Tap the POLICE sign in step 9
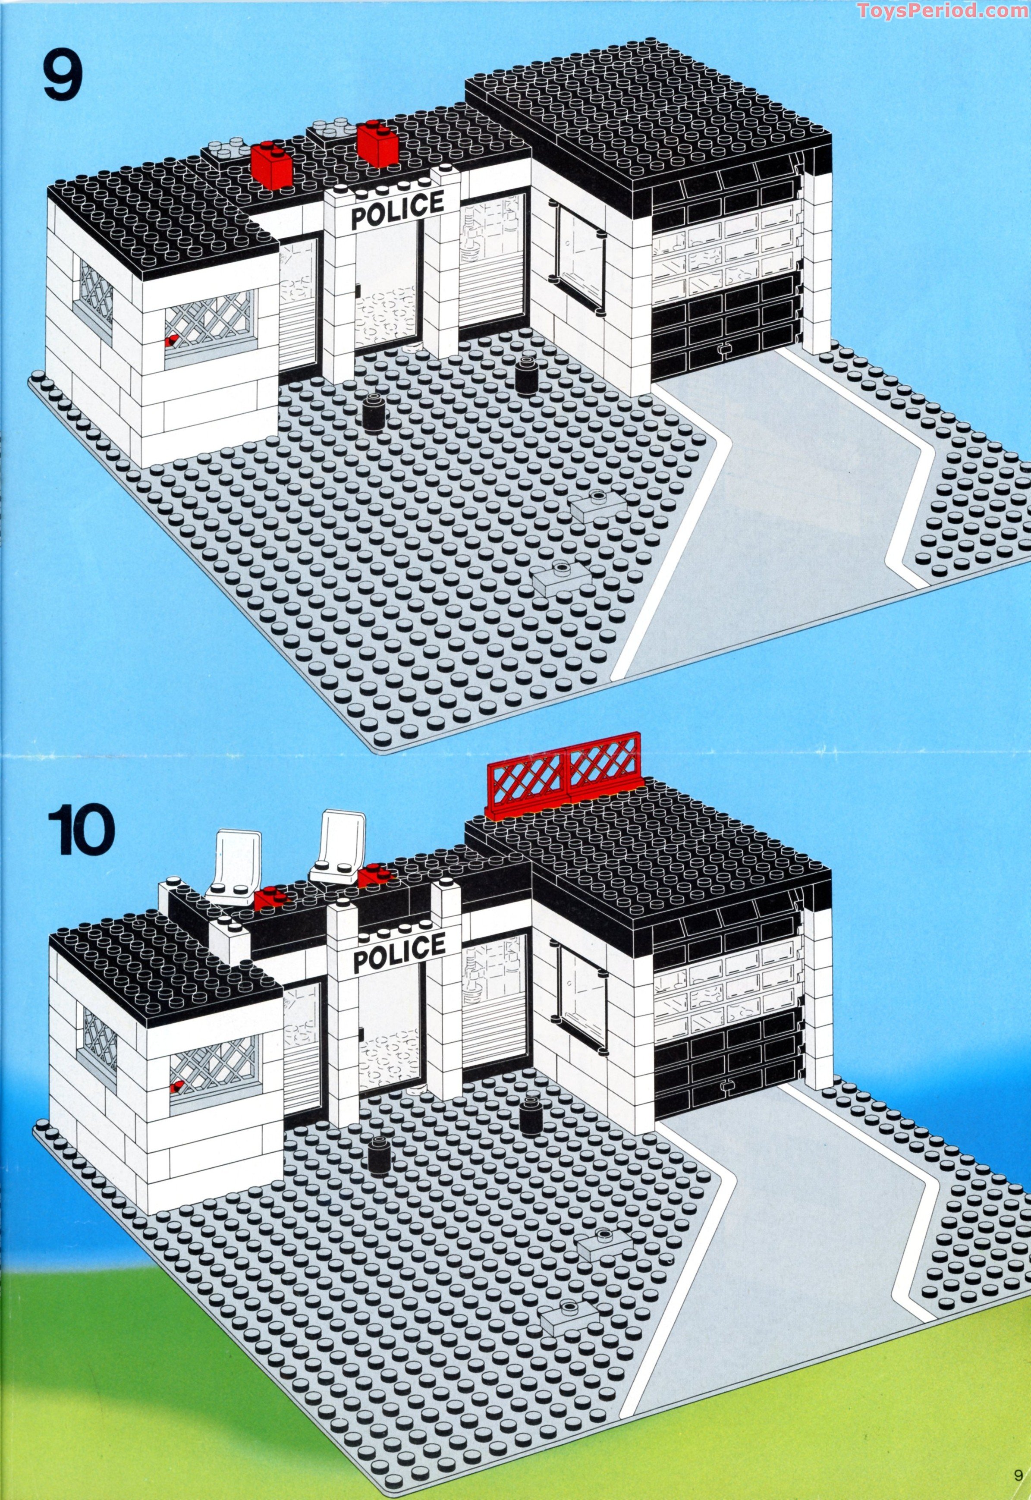(398, 209)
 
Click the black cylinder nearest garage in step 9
(525, 377)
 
